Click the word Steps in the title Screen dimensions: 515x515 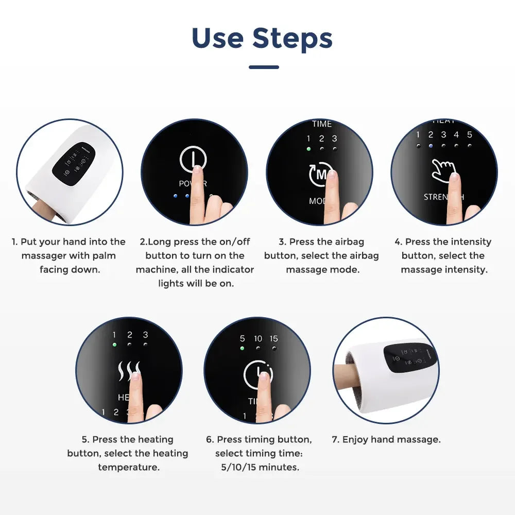coord(292,39)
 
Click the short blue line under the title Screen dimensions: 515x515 coord(264,67)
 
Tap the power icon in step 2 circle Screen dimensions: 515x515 coord(193,160)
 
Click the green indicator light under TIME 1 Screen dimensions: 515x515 coord(308,149)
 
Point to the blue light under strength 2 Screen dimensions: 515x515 coord(431,146)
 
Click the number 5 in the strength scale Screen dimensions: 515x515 coord(469,135)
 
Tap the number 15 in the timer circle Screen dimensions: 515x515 coord(273,338)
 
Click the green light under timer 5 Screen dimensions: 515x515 coord(242,349)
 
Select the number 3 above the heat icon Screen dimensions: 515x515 coord(145,335)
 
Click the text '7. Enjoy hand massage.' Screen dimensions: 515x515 coord(386,439)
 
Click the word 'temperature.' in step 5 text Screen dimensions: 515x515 coord(128,467)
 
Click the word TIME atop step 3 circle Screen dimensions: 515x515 coord(322,124)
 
